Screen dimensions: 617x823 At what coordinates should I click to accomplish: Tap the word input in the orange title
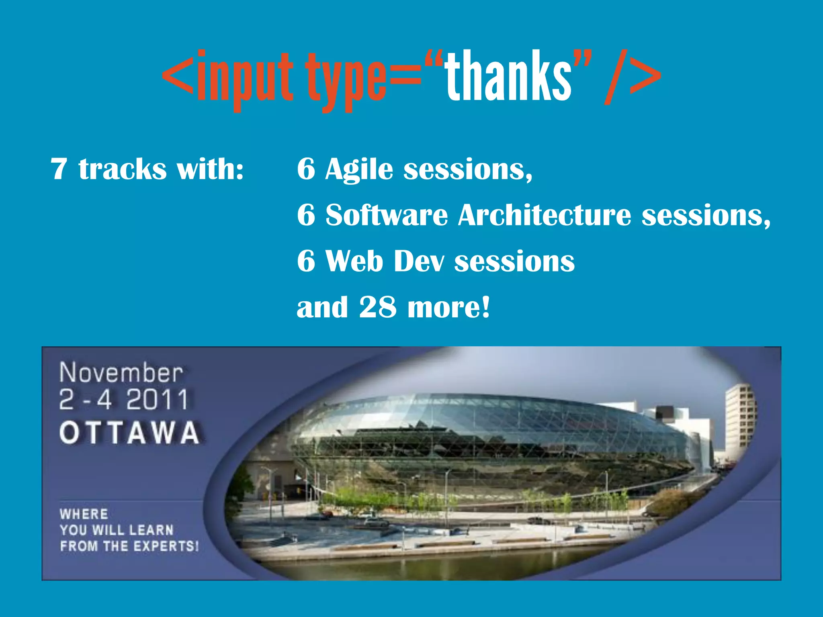244,78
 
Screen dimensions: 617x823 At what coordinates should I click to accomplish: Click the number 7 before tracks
59,169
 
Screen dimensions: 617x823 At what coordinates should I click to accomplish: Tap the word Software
386,215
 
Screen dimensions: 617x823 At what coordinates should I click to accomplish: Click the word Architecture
544,215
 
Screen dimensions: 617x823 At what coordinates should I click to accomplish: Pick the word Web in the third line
354,261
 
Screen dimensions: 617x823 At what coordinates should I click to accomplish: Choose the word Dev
419,261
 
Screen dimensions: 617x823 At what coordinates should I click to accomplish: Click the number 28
377,307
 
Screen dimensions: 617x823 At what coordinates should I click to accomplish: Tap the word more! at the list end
449,307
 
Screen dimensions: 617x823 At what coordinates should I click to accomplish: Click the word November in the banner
121,373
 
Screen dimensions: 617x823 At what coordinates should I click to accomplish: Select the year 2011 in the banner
157,400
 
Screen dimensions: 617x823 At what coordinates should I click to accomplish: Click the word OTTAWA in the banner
129,433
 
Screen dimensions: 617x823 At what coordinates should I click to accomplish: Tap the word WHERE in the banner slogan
84,514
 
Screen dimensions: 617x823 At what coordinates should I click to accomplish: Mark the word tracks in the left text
122,169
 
